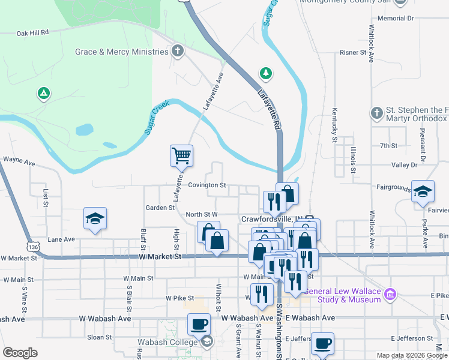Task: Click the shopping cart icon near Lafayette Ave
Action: coord(181,156)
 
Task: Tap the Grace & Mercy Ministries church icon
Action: coord(177,52)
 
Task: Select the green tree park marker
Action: coord(265,73)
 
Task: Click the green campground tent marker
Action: coord(43,93)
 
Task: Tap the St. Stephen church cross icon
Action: coord(376,112)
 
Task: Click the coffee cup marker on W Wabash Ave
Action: coord(199,325)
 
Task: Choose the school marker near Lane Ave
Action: coord(95,219)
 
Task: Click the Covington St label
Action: coord(206,185)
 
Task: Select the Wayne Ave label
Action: coord(20,161)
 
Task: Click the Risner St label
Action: coord(353,53)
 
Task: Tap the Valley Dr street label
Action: coord(404,164)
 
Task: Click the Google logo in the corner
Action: coord(20,353)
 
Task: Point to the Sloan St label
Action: coord(98,337)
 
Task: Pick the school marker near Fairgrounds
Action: coord(423,191)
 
